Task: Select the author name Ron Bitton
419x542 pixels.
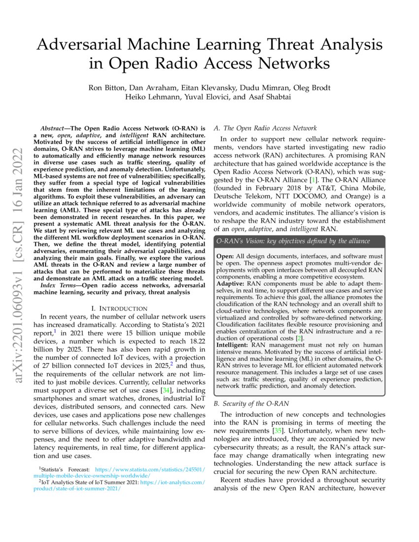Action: point(106,88)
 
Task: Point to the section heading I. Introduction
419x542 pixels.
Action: point(120,308)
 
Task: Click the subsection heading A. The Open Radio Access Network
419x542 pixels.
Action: point(265,128)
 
